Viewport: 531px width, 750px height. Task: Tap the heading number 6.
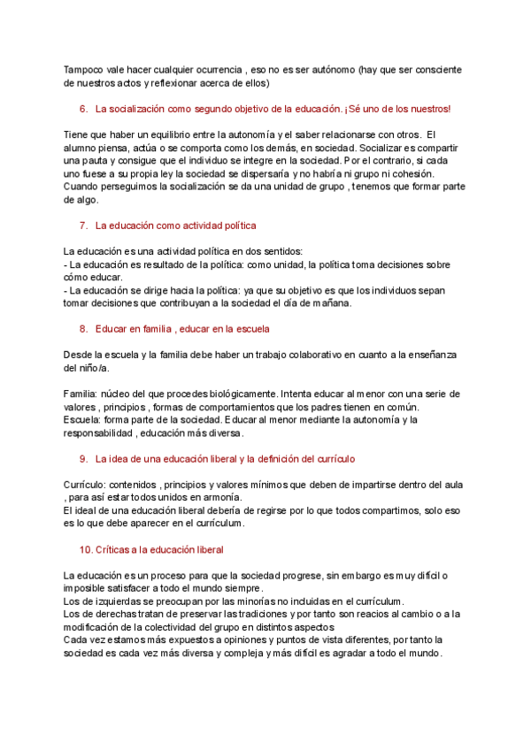click(x=83, y=109)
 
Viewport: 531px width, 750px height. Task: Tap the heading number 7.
click(x=83, y=226)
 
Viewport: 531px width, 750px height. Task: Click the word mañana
click(x=330, y=303)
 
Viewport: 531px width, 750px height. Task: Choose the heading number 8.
click(x=83, y=329)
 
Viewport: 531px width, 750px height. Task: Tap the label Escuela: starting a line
click(x=82, y=420)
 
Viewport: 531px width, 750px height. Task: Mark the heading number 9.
click(x=83, y=459)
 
